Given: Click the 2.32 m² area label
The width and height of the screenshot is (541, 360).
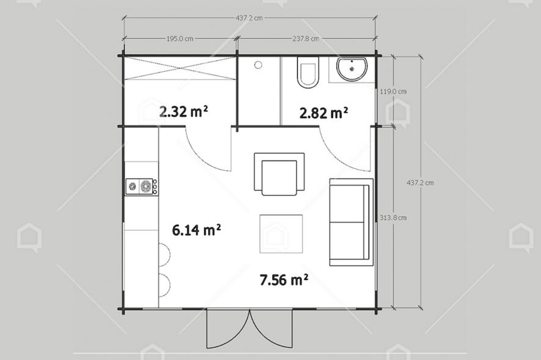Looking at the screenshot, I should pyautogui.click(x=183, y=112).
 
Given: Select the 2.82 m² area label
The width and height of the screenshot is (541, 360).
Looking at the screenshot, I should pyautogui.click(x=323, y=112).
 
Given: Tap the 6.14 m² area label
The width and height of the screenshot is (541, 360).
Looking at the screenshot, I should pyautogui.click(x=196, y=230).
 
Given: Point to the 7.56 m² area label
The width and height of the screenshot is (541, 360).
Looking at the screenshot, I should pyautogui.click(x=283, y=280).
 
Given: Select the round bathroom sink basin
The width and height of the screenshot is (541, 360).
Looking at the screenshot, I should pyautogui.click(x=352, y=68).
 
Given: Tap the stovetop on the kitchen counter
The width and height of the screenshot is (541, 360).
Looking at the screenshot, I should pyautogui.click(x=141, y=186).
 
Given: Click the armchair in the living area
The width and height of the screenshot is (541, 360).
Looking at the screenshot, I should pyautogui.click(x=279, y=175).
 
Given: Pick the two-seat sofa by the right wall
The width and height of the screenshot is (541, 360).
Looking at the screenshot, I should pyautogui.click(x=350, y=222).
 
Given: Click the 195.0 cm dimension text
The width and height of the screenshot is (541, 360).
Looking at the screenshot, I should pyautogui.click(x=180, y=38).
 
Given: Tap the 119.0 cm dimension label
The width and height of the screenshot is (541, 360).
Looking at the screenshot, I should pyautogui.click(x=393, y=92).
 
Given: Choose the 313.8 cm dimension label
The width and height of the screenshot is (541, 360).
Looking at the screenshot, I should pyautogui.click(x=393, y=217).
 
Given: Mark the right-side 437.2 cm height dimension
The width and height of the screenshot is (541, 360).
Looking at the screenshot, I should pyautogui.click(x=420, y=182).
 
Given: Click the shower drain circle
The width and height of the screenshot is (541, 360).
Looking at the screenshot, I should pyautogui.click(x=258, y=64).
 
